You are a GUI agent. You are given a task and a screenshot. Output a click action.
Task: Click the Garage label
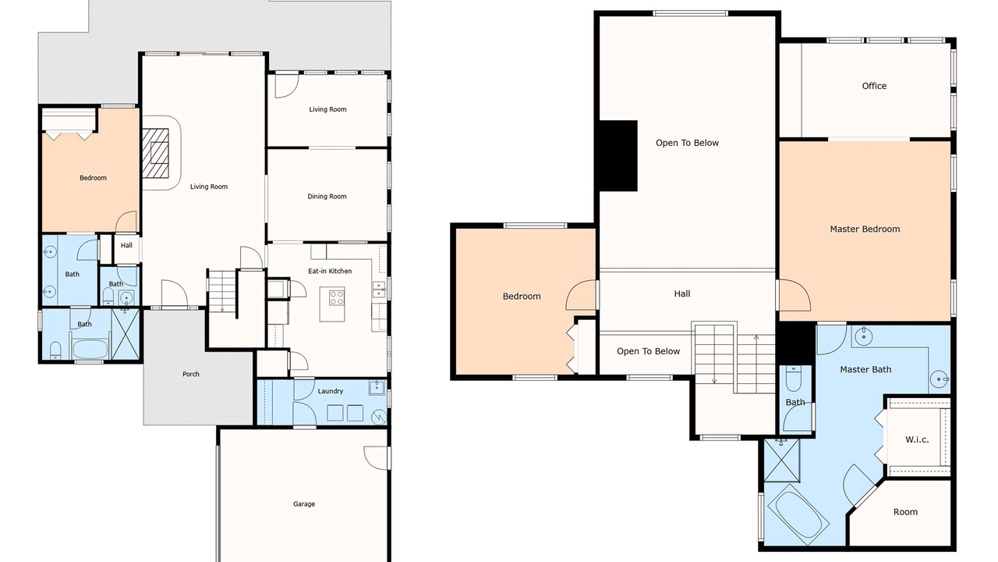304,504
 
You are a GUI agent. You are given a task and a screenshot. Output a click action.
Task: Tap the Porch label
191,374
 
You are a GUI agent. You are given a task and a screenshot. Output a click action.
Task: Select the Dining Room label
327,196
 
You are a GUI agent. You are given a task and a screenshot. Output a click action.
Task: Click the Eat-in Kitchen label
330,271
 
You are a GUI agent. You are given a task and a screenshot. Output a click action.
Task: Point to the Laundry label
330,391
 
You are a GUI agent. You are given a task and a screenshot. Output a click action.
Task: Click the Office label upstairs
874,86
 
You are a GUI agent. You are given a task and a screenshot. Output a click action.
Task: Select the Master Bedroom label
865,229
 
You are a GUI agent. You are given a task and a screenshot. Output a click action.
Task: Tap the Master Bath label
865,369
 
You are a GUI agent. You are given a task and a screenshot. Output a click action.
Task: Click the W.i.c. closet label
917,439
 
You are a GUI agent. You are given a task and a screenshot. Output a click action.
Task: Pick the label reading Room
905,512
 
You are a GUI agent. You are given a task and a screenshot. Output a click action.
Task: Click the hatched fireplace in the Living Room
155,153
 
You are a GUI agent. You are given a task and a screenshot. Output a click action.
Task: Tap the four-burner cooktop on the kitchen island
336,297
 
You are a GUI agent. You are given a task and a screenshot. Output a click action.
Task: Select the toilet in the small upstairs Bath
794,379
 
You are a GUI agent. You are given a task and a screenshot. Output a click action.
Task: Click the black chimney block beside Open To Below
618,155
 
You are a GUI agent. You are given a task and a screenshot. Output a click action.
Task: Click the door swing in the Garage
376,457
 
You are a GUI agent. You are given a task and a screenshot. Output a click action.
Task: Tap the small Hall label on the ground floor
126,245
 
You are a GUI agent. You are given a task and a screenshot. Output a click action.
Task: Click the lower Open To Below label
648,351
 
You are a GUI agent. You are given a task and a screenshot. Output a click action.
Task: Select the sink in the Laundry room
377,388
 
